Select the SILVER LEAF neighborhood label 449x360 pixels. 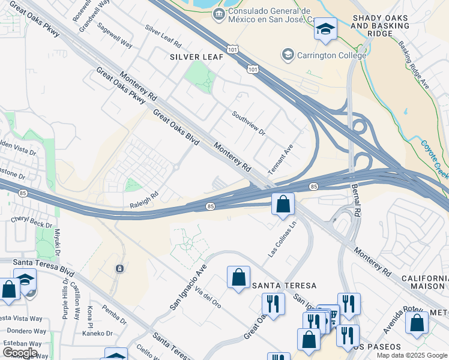(x=196, y=57)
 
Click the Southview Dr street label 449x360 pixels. (x=249, y=122)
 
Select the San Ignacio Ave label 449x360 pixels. (x=188, y=287)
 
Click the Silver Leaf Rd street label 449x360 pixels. (x=163, y=36)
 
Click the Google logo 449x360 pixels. (x=20, y=352)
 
